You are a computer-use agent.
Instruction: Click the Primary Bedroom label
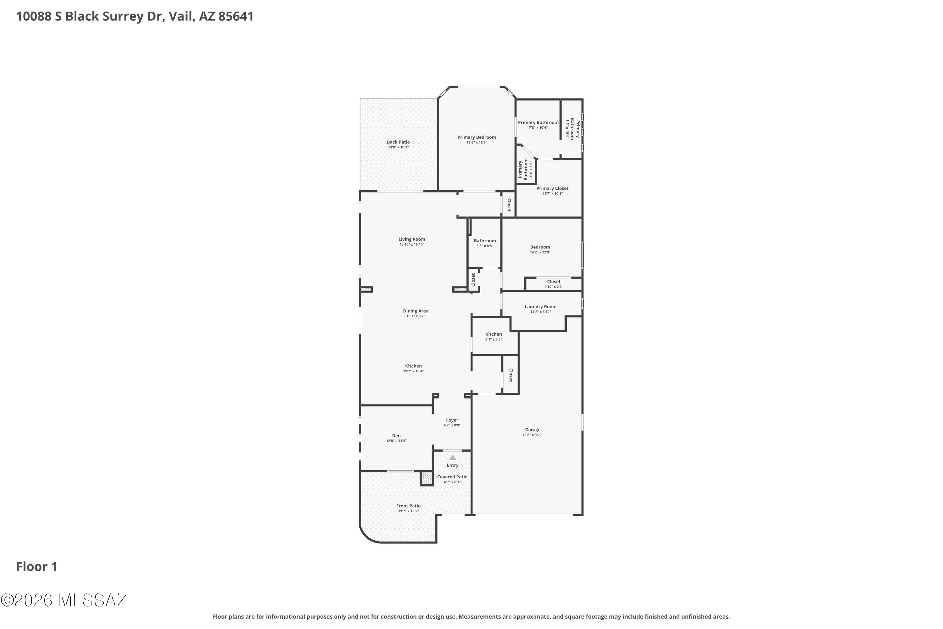pos(477,137)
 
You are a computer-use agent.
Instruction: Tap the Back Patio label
pos(398,142)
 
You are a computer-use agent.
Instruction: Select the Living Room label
pos(412,239)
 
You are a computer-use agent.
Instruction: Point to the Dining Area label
pos(416,311)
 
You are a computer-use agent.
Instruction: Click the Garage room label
pos(533,430)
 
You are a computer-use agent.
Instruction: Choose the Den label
pos(396,436)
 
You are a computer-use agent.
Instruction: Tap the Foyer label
pos(452,420)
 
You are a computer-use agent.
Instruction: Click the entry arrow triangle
pos(453,457)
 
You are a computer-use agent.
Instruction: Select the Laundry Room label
pos(540,306)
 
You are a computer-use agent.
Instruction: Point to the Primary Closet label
pos(553,188)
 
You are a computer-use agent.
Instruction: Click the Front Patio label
pos(409,506)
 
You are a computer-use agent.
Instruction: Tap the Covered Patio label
pos(452,477)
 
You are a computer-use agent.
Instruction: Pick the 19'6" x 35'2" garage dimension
pos(533,435)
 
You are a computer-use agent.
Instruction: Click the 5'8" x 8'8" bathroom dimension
pos(485,246)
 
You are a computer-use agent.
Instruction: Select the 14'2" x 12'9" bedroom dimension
pos(540,252)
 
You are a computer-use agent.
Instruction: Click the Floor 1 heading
pos(37,566)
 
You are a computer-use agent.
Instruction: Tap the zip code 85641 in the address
pos(236,16)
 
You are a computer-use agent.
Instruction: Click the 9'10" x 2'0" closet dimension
pos(554,287)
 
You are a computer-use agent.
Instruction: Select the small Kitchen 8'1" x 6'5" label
pos(494,336)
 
